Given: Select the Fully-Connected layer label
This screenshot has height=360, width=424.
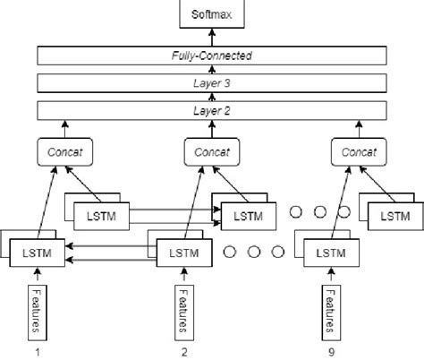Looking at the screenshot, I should click(x=212, y=56).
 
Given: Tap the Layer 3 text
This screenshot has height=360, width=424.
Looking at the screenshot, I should click(x=212, y=83).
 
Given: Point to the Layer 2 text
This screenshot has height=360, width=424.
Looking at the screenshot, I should click(x=212, y=112).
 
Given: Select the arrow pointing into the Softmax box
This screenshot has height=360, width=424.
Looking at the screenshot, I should click(x=212, y=35).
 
